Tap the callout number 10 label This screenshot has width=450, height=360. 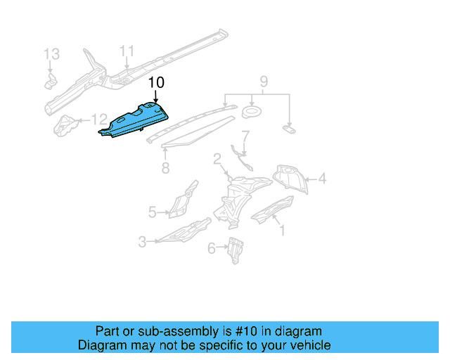(156, 83)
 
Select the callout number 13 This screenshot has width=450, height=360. (52, 54)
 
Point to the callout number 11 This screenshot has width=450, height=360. (126, 51)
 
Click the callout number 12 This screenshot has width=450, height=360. (100, 120)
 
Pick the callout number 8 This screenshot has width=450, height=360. (165, 167)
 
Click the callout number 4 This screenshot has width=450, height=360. (321, 179)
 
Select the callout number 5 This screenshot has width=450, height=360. (153, 211)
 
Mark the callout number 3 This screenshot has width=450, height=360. (142, 242)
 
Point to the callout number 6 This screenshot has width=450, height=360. (212, 247)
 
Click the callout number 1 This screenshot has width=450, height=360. (282, 229)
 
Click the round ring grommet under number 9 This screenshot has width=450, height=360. (251, 112)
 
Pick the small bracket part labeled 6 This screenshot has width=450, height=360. (235, 250)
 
